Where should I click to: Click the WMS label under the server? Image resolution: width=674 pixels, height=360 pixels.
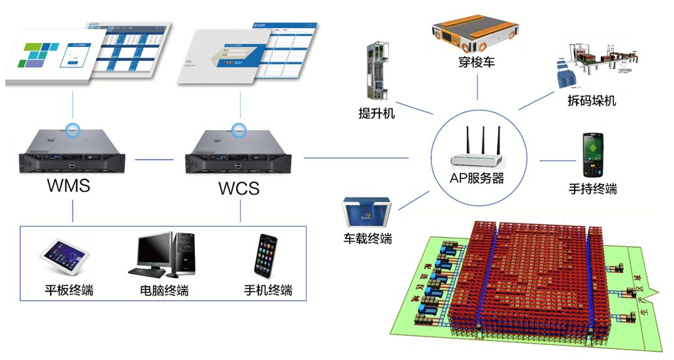click(68, 185)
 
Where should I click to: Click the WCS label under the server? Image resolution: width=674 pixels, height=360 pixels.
click(239, 189)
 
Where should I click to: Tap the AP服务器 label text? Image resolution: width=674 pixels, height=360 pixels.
click(477, 178)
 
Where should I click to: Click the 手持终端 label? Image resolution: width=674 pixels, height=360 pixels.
click(592, 189)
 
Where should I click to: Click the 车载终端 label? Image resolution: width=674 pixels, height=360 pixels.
click(368, 238)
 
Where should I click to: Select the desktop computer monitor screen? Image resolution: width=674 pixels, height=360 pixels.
click(154, 250)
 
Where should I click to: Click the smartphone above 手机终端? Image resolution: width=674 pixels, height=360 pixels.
click(265, 254)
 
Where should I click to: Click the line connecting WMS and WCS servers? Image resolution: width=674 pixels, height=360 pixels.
click(152, 158)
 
